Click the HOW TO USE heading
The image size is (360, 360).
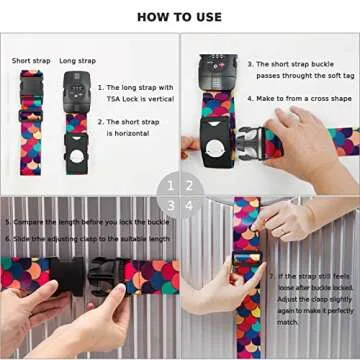180,16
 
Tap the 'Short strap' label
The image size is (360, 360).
30,61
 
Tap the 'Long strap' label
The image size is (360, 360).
76,61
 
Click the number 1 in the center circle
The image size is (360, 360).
170,185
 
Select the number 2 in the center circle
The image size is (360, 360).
190,185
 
